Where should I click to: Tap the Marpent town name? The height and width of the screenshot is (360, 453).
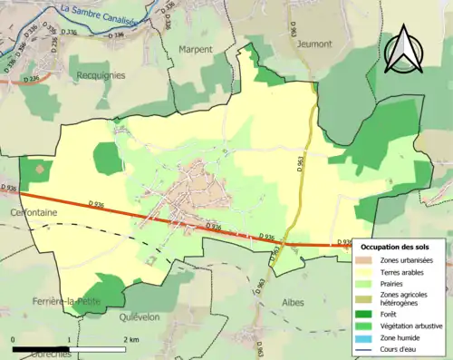click(x=195, y=49)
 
